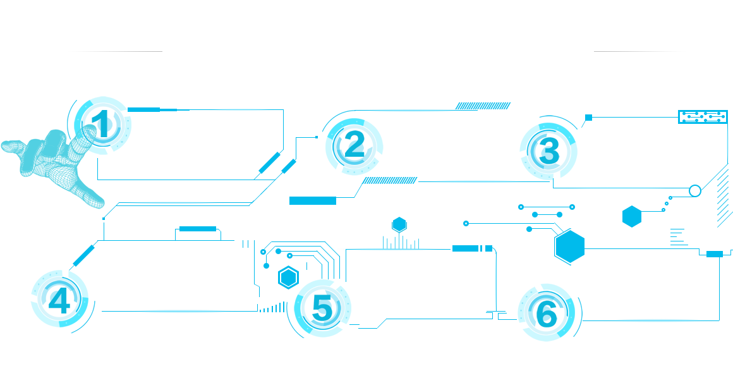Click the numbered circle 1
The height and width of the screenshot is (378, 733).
pos(102,125)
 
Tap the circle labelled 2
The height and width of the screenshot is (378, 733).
pos(354,146)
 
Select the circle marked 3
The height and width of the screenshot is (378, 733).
pos(548,151)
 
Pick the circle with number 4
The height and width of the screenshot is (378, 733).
pos(59,298)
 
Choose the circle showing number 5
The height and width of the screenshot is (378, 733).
pos(322,308)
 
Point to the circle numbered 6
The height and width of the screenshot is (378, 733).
pos(546,312)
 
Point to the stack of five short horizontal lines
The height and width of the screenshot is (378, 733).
pos(677,236)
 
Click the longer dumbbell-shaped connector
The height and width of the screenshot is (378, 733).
pos(546,207)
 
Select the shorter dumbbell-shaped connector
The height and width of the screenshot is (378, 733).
pos(547,215)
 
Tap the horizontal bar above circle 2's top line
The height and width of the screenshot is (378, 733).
pos(483,106)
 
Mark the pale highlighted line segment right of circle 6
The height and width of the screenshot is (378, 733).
pos(657,320)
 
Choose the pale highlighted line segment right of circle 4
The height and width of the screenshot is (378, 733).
pos(183,311)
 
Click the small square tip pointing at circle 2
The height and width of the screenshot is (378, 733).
pos(317,137)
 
